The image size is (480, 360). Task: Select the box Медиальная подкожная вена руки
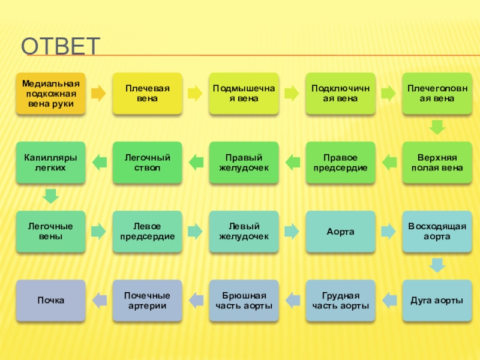(51, 93)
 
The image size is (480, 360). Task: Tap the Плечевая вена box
(147, 93)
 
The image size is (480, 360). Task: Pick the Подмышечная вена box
(244, 93)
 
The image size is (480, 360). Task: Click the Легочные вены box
(51, 231)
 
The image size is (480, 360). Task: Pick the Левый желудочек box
(244, 231)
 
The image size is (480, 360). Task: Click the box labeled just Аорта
(340, 231)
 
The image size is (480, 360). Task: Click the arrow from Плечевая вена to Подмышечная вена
(195, 93)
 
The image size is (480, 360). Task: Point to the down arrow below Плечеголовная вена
(437, 127)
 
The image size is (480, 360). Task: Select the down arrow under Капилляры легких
(51, 196)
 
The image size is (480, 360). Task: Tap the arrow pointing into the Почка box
(99, 297)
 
